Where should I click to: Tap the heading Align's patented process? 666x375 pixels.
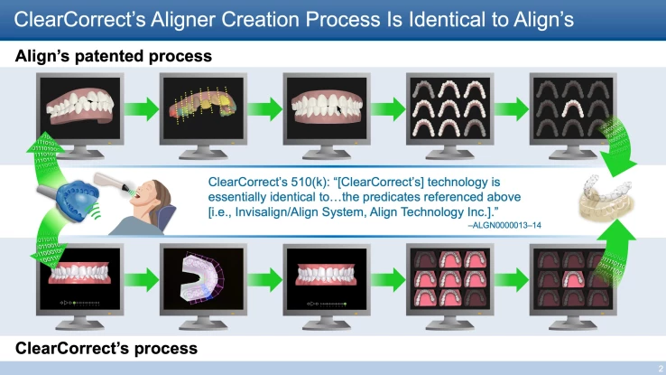(x=114, y=56)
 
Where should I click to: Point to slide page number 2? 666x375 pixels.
(x=657, y=368)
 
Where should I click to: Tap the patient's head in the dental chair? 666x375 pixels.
(x=158, y=193)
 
